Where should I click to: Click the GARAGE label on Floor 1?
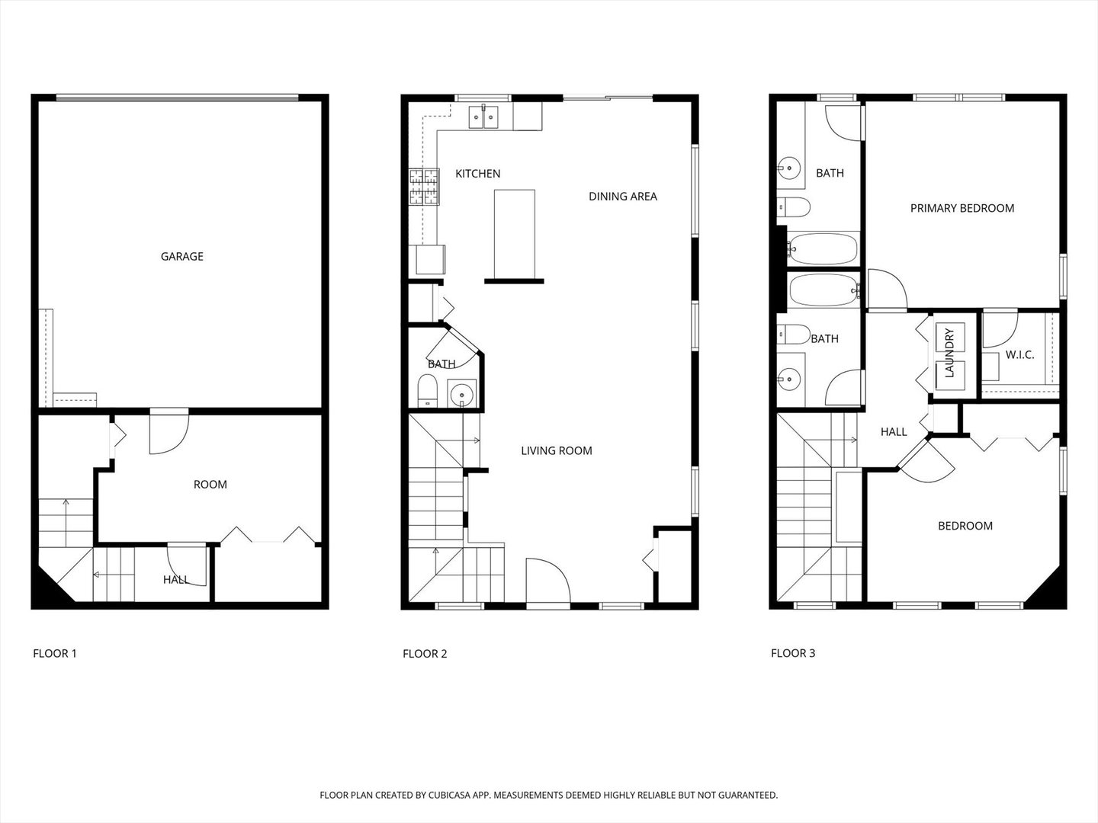click(181, 257)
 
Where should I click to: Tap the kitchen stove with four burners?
click(425, 187)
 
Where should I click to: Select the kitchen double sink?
click(483, 117)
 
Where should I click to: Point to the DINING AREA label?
click(622, 197)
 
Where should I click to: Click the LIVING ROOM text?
click(556, 451)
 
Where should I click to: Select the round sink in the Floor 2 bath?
click(461, 395)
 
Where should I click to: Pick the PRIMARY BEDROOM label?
click(962, 208)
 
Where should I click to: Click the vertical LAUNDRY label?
click(949, 354)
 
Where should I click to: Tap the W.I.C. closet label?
click(1019, 355)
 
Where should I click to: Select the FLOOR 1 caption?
click(55, 653)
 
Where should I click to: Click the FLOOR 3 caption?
click(793, 653)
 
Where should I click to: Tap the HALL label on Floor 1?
click(175, 580)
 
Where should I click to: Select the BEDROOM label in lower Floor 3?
click(965, 526)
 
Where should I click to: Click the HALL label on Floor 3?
click(894, 432)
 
